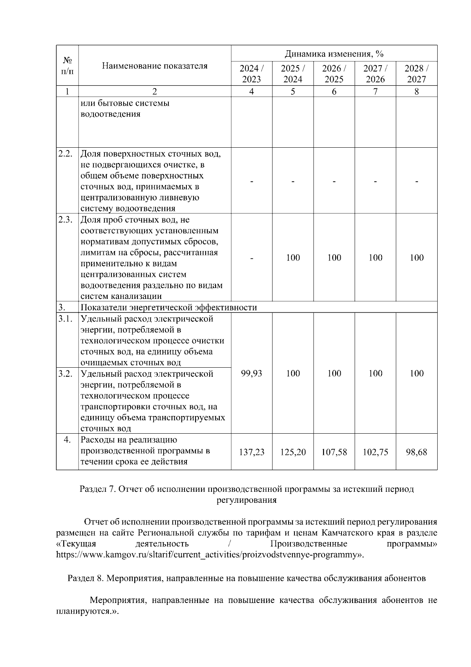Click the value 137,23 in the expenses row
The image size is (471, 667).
tap(252, 452)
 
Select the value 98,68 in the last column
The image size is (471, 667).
tap(416, 452)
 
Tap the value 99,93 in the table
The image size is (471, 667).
tap(252, 373)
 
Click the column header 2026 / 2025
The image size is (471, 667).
tap(334, 73)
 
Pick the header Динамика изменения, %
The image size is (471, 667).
tap(334, 53)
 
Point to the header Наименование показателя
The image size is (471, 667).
tap(155, 66)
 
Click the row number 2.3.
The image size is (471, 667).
tap(66, 220)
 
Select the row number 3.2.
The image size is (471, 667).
tap(66, 374)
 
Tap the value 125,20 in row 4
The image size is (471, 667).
tap(293, 452)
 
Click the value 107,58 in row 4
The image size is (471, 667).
tap(334, 452)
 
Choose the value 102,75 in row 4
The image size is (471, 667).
tap(375, 452)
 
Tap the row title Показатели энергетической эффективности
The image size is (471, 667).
tap(169, 307)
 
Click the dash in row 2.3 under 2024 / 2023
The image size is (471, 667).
tap(252, 258)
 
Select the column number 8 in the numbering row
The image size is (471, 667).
tap(416, 92)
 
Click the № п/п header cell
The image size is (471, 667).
tap(67, 66)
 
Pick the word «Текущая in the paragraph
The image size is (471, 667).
tap(77, 544)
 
